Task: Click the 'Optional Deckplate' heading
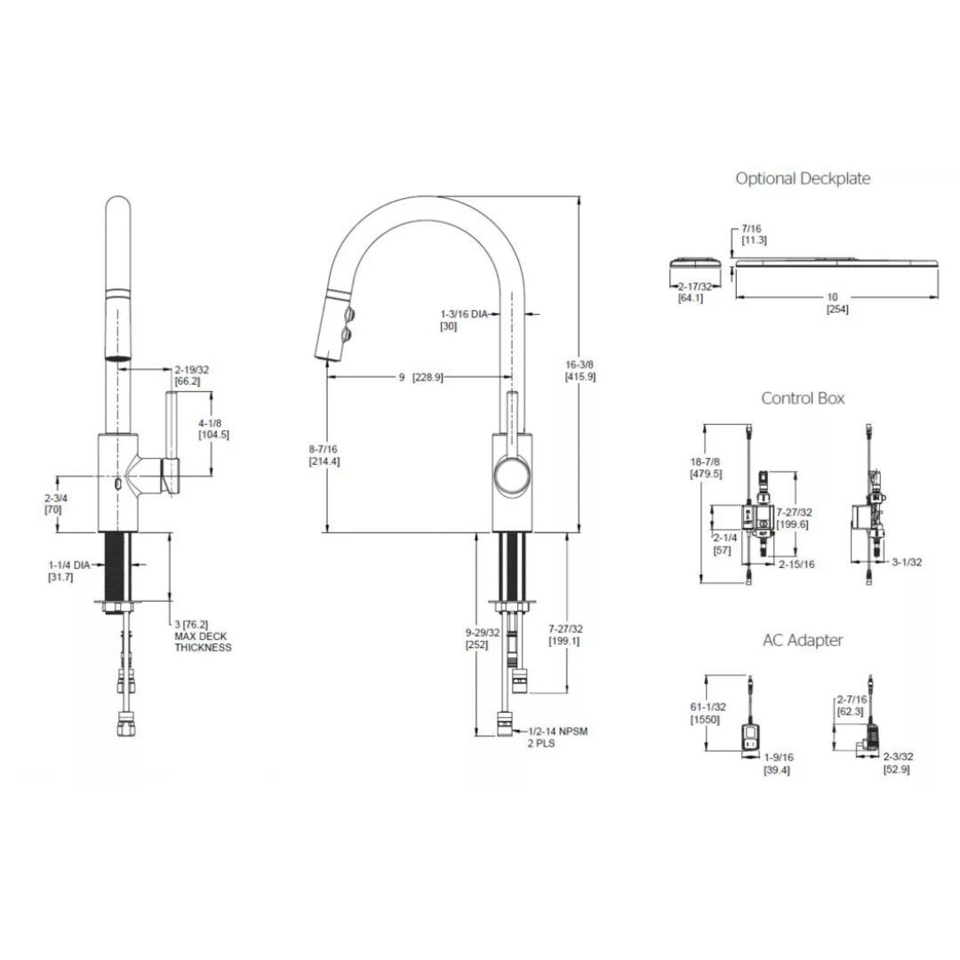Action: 803,179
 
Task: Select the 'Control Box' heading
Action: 803,398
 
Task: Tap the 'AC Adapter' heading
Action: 803,640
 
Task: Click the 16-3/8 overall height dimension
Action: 580,371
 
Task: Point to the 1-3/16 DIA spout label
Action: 464,320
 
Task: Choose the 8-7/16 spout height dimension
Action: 324,455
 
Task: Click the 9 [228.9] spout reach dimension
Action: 420,377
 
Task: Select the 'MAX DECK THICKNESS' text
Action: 203,642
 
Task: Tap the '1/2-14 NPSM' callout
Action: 557,731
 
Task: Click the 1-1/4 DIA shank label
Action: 69,571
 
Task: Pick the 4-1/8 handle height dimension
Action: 213,428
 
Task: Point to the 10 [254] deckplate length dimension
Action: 837,303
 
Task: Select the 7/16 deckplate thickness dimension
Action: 754,235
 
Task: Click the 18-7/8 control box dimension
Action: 706,468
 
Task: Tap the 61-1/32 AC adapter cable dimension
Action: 708,713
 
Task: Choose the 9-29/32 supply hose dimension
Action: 482,638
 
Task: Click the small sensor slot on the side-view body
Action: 117,484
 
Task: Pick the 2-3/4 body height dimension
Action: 56,504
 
